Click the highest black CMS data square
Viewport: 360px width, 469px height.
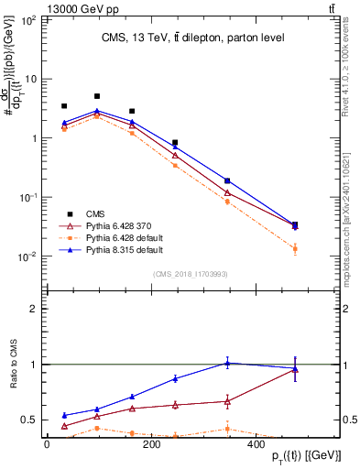(97, 96)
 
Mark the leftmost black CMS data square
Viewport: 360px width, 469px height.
(64, 106)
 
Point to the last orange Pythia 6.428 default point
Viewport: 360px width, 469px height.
(295, 248)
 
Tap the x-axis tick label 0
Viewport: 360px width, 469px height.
(46, 445)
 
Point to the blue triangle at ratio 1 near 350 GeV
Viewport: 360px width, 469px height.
(253, 363)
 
